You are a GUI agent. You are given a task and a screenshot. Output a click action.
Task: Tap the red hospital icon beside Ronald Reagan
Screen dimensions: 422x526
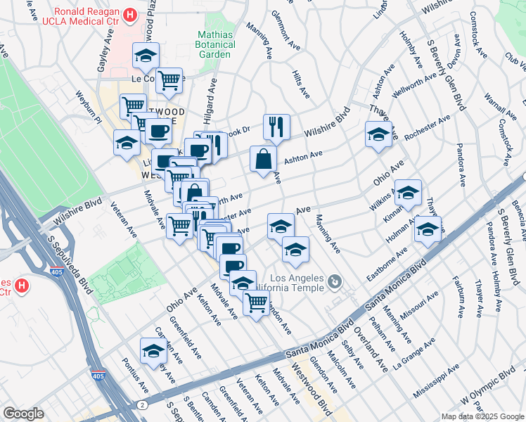[x=129, y=15]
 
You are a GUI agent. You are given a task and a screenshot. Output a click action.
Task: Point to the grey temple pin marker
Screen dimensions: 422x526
[x=335, y=283]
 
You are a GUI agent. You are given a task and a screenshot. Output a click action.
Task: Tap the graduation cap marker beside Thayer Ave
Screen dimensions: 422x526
[x=378, y=134]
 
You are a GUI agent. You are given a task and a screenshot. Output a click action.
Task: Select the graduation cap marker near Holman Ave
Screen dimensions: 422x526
[x=428, y=229]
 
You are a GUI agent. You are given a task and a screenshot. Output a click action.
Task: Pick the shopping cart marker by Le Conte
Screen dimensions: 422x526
[x=169, y=81]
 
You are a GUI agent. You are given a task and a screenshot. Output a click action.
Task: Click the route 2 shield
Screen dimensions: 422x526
[x=142, y=404]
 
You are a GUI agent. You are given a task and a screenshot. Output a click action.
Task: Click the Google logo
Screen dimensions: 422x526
[x=23, y=413]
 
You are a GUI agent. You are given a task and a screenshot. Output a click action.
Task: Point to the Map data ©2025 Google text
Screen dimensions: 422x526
[x=482, y=416]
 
